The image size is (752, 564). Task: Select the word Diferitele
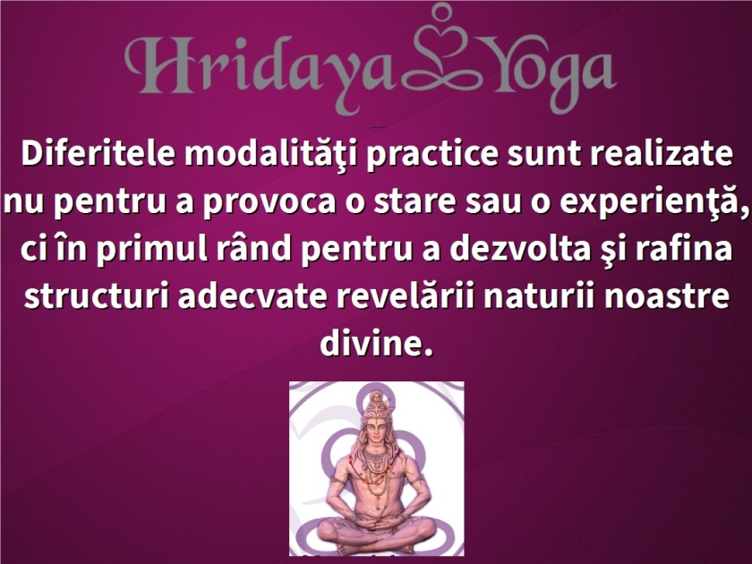pyautogui.click(x=98, y=153)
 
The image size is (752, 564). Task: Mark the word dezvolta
pyautogui.click(x=520, y=250)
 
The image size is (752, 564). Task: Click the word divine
pyautogui.click(x=376, y=344)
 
